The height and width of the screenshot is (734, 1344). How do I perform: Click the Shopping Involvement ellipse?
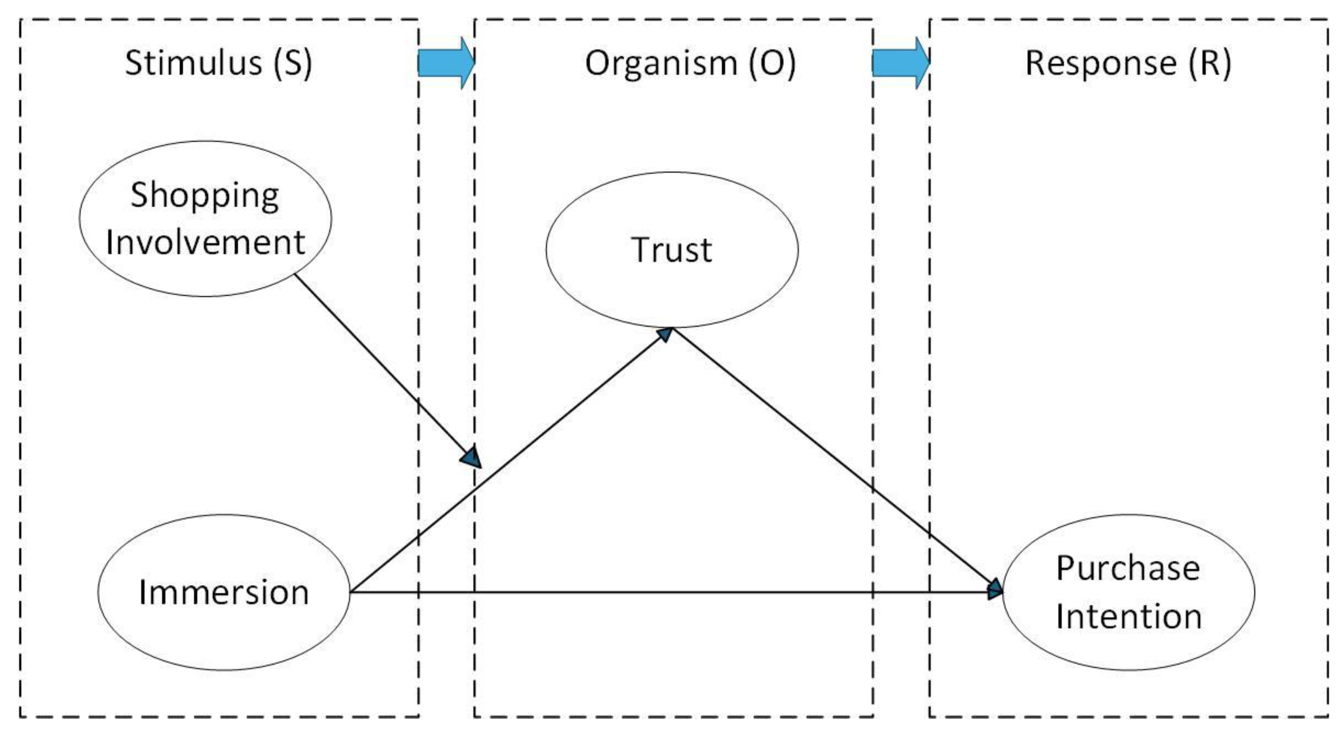pyautogui.click(x=205, y=219)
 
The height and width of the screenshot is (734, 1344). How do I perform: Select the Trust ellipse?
pyautogui.click(x=672, y=250)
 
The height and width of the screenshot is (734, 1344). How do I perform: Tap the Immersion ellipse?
pyautogui.click(x=224, y=592)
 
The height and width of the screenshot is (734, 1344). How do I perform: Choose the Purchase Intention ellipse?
pyautogui.click(x=1128, y=592)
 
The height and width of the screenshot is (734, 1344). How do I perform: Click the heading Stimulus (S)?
pyautogui.click(x=218, y=63)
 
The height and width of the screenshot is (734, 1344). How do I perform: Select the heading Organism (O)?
pyautogui.click(x=690, y=63)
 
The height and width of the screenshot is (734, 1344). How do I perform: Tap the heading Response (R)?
pyautogui.click(x=1128, y=63)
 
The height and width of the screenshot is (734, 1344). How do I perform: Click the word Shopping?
pyautogui.click(x=205, y=196)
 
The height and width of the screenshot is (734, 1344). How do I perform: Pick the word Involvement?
pyautogui.click(x=205, y=243)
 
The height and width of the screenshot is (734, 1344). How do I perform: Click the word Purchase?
pyautogui.click(x=1128, y=568)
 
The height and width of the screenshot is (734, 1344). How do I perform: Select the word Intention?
pyautogui.click(x=1129, y=616)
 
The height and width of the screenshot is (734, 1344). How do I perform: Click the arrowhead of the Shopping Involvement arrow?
pyautogui.click(x=471, y=457)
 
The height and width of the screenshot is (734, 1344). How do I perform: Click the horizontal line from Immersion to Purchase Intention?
pyautogui.click(x=678, y=592)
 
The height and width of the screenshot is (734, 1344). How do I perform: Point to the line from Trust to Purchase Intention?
pyautogui.click(x=835, y=460)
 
